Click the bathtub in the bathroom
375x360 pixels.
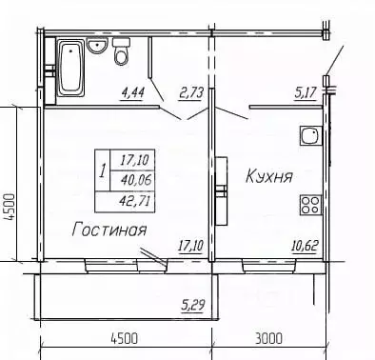click(x=70, y=69)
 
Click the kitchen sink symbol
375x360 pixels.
click(x=309, y=138)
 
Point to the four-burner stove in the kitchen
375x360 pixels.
click(x=309, y=204)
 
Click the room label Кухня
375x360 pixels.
click(x=268, y=176)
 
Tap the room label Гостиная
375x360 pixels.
click(x=109, y=230)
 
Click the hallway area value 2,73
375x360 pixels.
click(x=192, y=92)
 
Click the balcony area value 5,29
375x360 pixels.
click(x=193, y=306)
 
